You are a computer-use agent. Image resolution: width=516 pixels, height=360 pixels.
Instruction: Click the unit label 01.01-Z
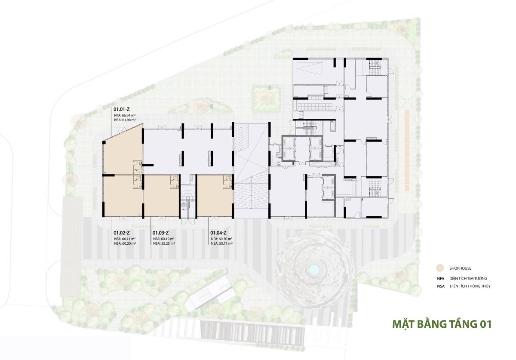pyautogui.click(x=122, y=110)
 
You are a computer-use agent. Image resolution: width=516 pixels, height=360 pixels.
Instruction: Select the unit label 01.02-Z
pyautogui.click(x=122, y=233)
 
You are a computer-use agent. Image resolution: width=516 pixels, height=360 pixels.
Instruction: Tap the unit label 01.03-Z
pyautogui.click(x=161, y=233)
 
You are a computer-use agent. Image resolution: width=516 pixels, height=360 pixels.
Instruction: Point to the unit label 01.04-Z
pyautogui.click(x=218, y=233)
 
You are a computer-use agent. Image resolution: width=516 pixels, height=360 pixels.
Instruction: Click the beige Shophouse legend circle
pyautogui.click(x=440, y=268)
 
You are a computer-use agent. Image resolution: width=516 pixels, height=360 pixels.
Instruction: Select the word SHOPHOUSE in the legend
pyautogui.click(x=460, y=268)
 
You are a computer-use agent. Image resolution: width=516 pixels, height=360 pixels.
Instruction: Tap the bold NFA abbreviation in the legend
pyautogui.click(x=441, y=278)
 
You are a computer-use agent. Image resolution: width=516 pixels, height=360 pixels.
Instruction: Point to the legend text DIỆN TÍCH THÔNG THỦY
pyautogui.click(x=470, y=286)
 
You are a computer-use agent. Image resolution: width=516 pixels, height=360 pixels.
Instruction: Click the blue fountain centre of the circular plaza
pyautogui.click(x=314, y=269)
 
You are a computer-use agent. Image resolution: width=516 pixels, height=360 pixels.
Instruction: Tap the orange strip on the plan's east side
pyautogui.click(x=407, y=150)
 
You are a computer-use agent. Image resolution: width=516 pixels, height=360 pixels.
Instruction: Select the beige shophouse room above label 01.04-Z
pyautogui.click(x=215, y=195)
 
